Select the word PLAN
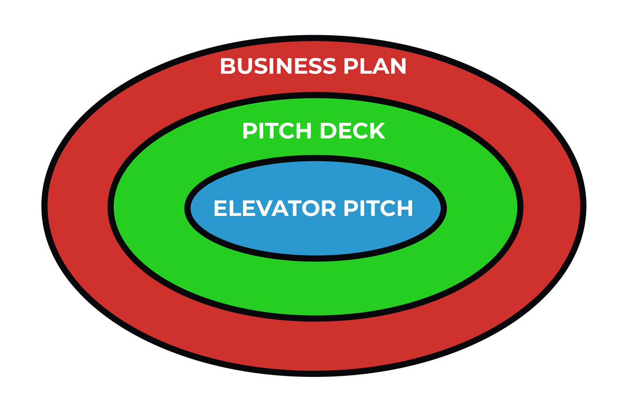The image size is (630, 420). tap(376, 66)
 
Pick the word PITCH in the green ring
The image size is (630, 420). tap(274, 131)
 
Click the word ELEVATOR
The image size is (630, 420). tap(275, 208)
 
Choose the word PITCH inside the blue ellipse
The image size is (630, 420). tap(378, 208)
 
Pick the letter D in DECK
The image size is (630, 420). tap(322, 131)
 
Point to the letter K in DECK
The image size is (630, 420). tap(376, 131)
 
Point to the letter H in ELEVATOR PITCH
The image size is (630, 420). tap(404, 208)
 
